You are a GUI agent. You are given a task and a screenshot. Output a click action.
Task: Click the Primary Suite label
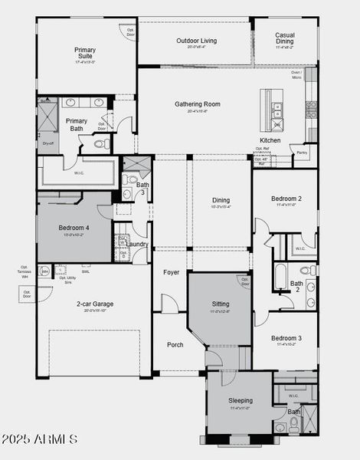85,54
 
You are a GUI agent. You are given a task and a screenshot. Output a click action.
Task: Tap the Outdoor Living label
196,41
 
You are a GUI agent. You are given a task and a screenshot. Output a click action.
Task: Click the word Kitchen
270,140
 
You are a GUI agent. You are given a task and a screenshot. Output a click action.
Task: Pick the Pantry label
302,153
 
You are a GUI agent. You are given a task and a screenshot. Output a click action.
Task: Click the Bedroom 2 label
286,199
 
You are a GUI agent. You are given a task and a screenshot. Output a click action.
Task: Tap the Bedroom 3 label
285,338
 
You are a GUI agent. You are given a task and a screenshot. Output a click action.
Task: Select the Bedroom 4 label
74,228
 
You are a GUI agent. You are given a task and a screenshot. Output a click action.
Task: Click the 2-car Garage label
94,304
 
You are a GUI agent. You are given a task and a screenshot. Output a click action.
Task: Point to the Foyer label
171,271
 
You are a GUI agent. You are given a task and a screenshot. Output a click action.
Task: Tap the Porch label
175,345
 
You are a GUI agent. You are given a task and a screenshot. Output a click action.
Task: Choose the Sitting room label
220,304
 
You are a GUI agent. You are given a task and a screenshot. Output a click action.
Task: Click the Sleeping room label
240,400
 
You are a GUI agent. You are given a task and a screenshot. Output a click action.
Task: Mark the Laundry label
138,244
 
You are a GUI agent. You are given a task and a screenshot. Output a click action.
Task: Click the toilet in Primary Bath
101,143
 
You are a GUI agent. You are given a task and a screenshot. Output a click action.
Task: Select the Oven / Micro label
296,75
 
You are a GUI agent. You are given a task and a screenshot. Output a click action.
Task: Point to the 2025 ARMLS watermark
40,439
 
